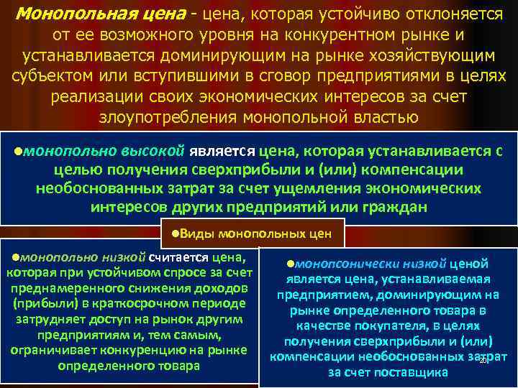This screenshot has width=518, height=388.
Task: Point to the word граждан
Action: (x=390, y=207)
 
